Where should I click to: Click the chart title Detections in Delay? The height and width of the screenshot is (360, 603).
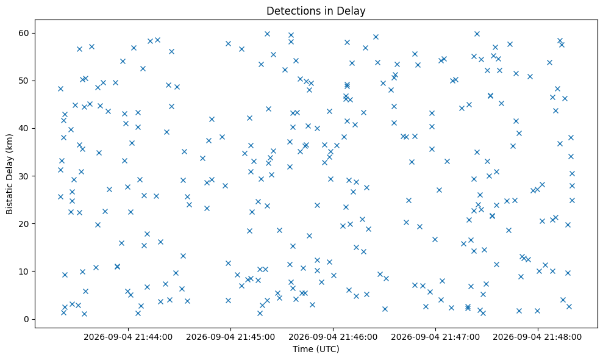coord(316,11)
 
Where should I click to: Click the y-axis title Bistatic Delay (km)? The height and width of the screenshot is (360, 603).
coord(9,174)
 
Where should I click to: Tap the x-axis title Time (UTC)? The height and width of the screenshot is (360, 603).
coord(316,349)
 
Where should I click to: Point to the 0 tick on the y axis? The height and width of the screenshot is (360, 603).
coord(27,319)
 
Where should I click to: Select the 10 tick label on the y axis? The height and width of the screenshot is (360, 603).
coord(24,272)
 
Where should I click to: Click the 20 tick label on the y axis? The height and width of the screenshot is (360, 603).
coord(24,224)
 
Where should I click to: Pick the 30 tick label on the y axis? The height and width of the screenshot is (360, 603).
coord(24,176)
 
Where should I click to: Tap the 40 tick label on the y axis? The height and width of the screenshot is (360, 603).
coord(24,128)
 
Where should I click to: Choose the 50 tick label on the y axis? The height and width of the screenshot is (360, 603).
coord(24,81)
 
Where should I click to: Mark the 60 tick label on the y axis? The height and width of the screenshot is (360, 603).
coord(24,33)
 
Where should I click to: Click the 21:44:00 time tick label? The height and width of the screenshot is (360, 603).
coord(128,337)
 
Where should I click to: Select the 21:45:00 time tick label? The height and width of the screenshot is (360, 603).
coord(230,337)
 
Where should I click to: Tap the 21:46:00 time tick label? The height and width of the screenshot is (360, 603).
coord(333,337)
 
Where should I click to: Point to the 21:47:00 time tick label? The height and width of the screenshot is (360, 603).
coord(435,337)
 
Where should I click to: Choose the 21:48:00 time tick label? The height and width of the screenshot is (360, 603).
coord(538,337)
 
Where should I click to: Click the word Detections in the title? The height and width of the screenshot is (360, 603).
coord(293,11)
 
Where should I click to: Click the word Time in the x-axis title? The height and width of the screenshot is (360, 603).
coord(302,349)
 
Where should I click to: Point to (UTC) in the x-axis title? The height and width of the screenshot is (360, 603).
coord(327,349)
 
